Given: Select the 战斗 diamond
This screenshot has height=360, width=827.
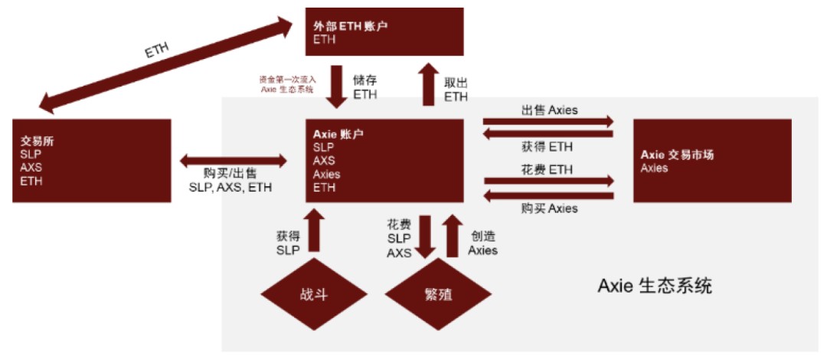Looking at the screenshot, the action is [x=315, y=294].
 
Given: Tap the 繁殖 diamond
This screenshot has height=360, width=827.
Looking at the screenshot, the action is [x=438, y=294].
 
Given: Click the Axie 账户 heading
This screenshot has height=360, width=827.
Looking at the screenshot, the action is [x=338, y=134].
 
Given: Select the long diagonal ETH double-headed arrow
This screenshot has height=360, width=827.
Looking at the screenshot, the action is [x=165, y=65].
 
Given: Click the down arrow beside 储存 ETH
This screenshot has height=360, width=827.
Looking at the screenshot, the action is [x=336, y=86].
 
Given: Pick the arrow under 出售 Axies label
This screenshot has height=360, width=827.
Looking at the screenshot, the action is [x=548, y=122].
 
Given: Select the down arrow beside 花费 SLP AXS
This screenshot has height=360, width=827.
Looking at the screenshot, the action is [x=427, y=236].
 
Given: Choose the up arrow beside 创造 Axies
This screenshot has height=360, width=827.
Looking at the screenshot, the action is [x=453, y=235].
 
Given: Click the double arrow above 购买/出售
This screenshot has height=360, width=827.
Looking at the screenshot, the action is [x=234, y=160].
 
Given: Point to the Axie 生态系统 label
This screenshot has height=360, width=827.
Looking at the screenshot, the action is [x=655, y=286].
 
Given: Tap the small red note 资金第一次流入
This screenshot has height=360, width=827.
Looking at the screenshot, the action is [x=287, y=79].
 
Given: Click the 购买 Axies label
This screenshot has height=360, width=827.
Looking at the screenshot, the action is [x=548, y=208].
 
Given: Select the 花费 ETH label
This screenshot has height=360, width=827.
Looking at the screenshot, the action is [x=548, y=169].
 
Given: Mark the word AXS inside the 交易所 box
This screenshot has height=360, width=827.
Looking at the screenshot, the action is [x=31, y=168].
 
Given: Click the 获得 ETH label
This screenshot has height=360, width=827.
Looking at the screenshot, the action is [x=548, y=146].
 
